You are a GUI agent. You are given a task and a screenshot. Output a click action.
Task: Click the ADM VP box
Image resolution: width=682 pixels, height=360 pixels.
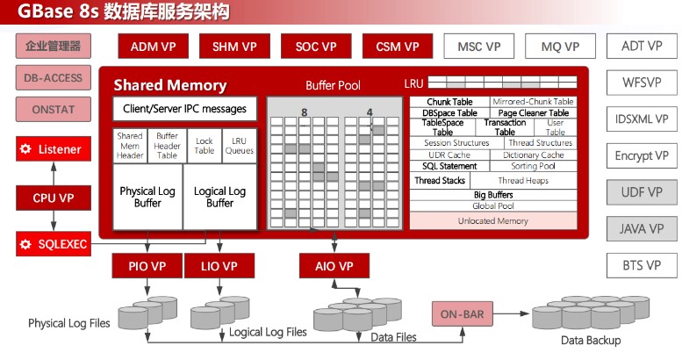click(x=153, y=47)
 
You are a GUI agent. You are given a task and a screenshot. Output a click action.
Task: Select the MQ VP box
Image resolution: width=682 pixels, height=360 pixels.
click(x=560, y=47)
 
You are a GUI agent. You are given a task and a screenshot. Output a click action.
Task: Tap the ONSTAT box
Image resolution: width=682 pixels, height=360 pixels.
click(x=54, y=109)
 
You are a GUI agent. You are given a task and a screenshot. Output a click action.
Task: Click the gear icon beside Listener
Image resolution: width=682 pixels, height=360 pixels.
click(x=25, y=149)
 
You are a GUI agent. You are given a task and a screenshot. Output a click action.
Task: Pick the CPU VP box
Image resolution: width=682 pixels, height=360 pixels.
click(x=54, y=198)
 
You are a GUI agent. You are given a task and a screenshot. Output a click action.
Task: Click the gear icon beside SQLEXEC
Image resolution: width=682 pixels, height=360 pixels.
click(x=25, y=244)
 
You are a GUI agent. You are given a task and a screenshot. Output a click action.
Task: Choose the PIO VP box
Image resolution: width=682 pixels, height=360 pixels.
click(x=147, y=266)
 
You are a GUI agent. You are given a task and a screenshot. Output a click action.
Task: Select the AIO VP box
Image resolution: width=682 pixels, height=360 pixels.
click(x=334, y=266)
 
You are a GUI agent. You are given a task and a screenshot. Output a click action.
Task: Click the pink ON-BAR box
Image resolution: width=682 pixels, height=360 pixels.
click(x=463, y=313)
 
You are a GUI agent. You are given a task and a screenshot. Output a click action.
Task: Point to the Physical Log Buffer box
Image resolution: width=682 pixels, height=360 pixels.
click(x=147, y=197)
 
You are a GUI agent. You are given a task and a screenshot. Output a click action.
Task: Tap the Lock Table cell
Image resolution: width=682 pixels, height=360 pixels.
click(x=204, y=146)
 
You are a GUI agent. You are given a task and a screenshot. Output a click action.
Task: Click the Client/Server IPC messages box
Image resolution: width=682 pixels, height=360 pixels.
click(x=185, y=108)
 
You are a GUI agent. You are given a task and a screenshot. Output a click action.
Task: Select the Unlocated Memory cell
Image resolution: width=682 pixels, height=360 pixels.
click(x=493, y=220)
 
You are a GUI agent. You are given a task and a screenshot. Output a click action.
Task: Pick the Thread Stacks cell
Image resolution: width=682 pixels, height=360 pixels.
click(x=440, y=180)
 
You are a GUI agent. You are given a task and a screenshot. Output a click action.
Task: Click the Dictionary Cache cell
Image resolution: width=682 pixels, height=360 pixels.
click(x=534, y=155)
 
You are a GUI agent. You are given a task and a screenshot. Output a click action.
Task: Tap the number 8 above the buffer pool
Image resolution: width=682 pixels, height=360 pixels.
click(x=305, y=112)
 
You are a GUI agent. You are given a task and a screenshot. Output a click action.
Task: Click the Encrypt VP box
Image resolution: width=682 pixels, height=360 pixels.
click(x=642, y=155)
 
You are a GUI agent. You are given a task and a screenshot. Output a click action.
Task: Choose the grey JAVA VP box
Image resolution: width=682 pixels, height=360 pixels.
click(x=642, y=228)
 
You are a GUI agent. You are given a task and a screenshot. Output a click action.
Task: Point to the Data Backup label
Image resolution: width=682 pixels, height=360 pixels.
click(x=591, y=341)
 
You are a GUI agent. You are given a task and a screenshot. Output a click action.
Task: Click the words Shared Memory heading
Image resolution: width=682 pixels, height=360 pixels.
click(x=170, y=85)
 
